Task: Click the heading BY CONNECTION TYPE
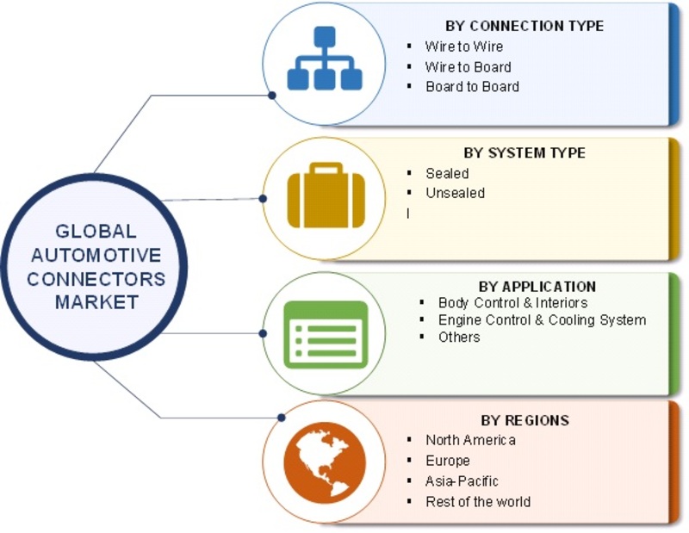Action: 524,26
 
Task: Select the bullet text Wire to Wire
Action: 464,46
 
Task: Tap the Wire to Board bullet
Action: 468,66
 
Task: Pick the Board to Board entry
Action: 472,86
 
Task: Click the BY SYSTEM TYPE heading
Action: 524,152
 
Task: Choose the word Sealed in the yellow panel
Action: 447,173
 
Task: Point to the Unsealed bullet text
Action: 455,193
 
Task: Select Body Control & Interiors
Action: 512,303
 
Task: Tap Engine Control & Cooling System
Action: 542,320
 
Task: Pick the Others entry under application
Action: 459,337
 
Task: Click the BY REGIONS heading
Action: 525,420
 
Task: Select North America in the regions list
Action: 470,440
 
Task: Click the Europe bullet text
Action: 447,461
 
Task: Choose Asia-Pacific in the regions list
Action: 462,481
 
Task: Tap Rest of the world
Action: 478,501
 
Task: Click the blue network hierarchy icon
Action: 324,59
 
